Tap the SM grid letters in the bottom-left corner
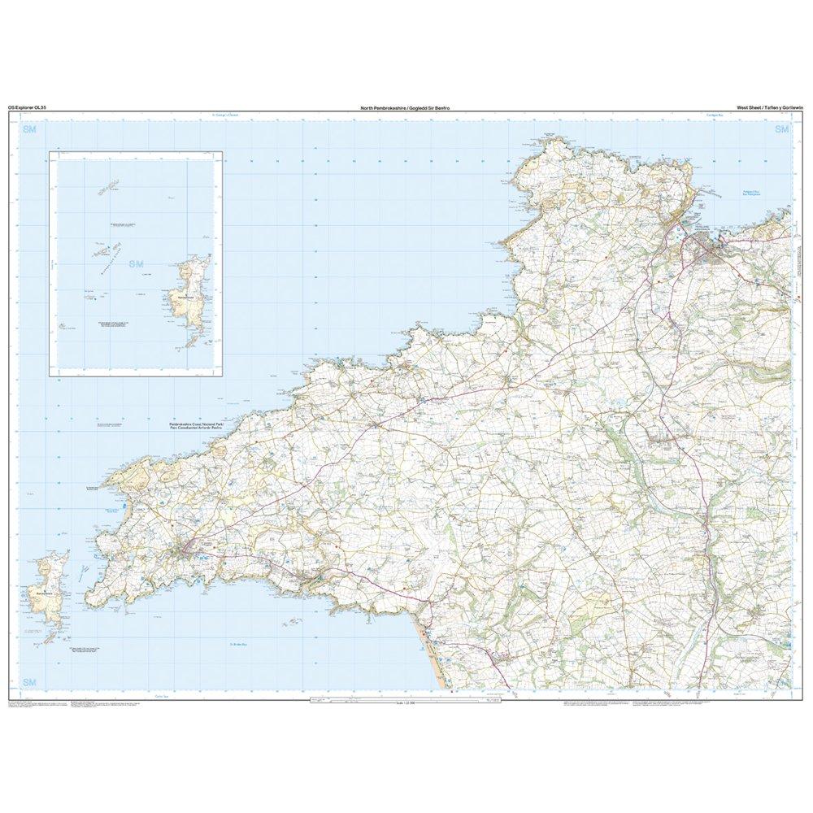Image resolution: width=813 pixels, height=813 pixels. [x=30, y=680]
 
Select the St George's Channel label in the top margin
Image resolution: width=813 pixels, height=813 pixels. [x=220, y=115]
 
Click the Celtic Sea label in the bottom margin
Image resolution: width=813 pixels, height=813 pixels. [x=161, y=697]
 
